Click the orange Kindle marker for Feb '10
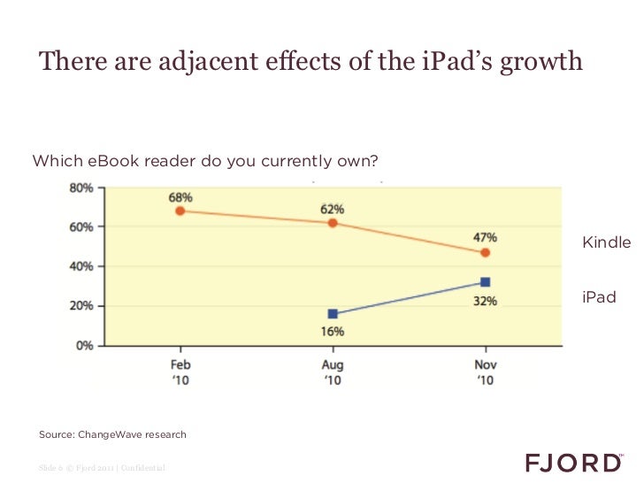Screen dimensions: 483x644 click(180, 211)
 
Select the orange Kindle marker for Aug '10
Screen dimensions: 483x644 click(333, 223)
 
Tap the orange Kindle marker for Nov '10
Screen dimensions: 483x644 click(485, 252)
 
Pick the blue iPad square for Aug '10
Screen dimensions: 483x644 click(333, 314)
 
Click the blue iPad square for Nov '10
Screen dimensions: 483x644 click(485, 282)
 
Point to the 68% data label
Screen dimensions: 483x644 click(181, 195)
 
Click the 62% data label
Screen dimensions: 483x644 click(333, 209)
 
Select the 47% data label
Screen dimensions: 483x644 click(485, 237)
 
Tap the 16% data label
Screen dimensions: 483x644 click(333, 332)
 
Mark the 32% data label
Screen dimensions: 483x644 click(485, 301)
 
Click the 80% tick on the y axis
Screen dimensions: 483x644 click(81, 188)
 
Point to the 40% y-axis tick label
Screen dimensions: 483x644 click(81, 266)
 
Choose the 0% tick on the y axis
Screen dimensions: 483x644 click(84, 346)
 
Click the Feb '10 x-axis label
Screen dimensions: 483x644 click(180, 372)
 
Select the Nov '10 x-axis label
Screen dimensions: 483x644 click(485, 372)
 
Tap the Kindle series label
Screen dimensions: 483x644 click(606, 242)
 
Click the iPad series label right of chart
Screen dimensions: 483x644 click(599, 297)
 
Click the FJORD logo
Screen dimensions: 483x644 click(573, 463)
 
